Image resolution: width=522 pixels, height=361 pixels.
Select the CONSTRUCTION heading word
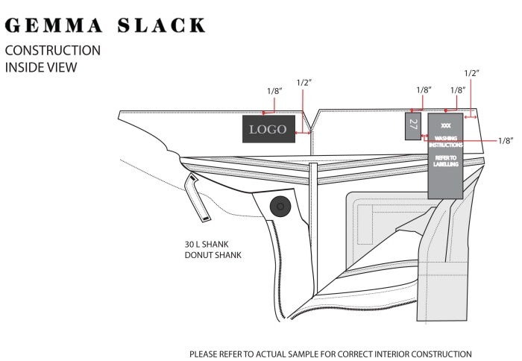52,51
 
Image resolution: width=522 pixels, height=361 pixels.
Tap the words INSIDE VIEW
41,67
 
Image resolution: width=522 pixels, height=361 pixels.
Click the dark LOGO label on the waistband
268,129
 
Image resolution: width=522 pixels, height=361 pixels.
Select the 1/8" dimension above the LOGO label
274,91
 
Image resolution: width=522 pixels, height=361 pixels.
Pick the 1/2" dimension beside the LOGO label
304,81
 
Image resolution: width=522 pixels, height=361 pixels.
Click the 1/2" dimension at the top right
471,73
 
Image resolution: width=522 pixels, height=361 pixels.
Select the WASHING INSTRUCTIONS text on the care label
446,141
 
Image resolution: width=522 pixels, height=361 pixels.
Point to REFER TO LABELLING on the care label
446,160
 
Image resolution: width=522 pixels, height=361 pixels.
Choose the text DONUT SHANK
213,255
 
